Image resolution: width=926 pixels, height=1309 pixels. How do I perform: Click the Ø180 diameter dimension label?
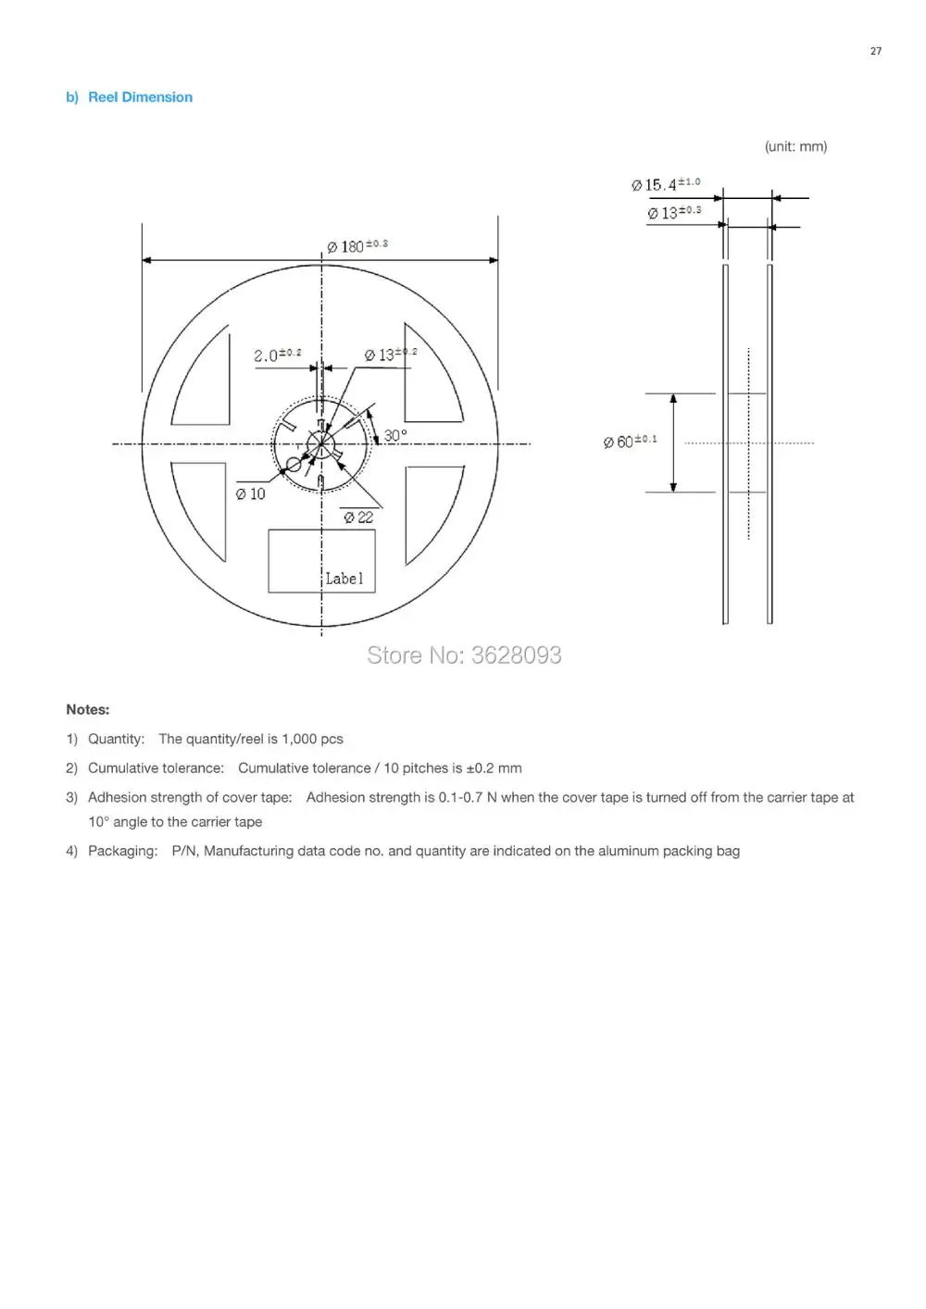[x=357, y=246]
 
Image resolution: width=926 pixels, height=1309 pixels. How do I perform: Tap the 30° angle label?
[x=395, y=436]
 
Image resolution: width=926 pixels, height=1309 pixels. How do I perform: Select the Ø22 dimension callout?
[x=358, y=517]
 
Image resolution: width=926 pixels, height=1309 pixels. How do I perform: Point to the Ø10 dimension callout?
[x=250, y=494]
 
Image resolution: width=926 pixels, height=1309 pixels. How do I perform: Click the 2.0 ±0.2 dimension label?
[x=278, y=355]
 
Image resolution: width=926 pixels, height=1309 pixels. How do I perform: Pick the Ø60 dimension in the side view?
[x=630, y=442]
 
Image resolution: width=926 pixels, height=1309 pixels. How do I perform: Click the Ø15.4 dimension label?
[x=665, y=184]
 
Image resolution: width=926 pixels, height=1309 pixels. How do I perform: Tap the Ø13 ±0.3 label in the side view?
[x=674, y=213]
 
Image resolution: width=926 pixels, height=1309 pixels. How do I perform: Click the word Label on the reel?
[x=344, y=579]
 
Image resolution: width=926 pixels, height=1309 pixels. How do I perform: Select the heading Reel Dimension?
[x=141, y=97]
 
